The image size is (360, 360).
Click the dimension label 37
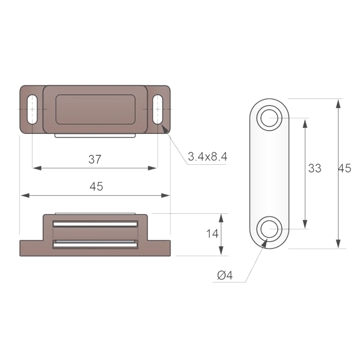click(94, 159)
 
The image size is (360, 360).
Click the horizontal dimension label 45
click(96, 187)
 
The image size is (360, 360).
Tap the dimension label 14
click(212, 234)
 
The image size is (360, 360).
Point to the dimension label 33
click(314, 168)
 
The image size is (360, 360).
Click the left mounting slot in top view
click(32, 109)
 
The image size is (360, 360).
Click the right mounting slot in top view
click(157, 109)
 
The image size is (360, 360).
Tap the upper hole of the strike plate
click(269, 118)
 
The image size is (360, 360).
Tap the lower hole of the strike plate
click(269, 229)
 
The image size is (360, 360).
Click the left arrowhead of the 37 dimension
click(35, 168)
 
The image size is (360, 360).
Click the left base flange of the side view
click(31, 246)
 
